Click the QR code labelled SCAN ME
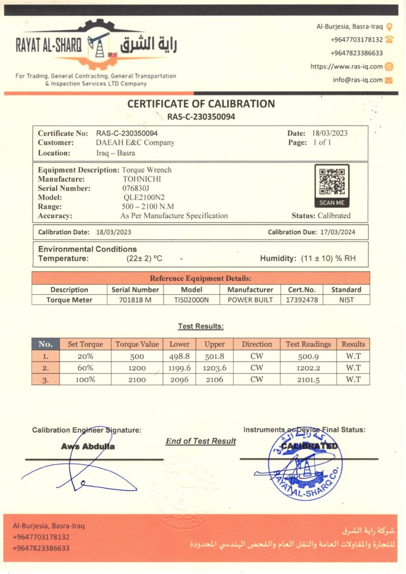[x=332, y=182]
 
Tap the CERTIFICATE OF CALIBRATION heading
[x=201, y=104]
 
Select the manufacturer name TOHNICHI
[x=142, y=179]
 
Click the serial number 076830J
[x=136, y=188]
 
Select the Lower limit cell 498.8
[x=180, y=356]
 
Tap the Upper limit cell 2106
[x=214, y=379]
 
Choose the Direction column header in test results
[x=256, y=344]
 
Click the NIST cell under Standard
[x=347, y=300]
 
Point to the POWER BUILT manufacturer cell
[x=250, y=300]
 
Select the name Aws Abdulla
[x=88, y=447]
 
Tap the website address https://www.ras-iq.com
[x=347, y=66]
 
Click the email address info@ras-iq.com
[x=357, y=80]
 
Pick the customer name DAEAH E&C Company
[x=135, y=143]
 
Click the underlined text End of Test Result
[x=200, y=441]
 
